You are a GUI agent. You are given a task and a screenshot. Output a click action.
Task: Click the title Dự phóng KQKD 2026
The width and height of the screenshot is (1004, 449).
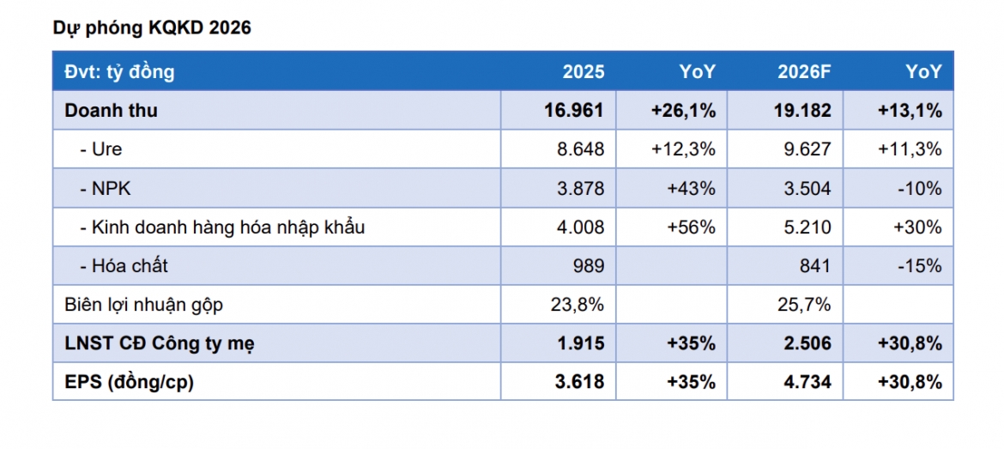[152, 28]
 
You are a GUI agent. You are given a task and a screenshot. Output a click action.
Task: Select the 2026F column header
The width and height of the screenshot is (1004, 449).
[804, 72]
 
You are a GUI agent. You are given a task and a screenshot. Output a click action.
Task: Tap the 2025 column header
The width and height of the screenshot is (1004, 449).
[584, 72]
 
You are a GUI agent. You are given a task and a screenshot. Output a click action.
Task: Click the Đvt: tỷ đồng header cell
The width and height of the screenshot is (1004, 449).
[119, 72]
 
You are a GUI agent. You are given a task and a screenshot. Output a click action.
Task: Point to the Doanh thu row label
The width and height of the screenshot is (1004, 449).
[111, 110]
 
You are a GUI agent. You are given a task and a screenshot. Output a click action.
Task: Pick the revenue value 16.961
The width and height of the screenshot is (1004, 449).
[574, 110]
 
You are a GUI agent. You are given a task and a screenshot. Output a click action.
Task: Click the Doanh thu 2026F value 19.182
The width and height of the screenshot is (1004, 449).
[801, 110]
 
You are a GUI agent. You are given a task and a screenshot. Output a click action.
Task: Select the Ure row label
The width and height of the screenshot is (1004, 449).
[101, 149]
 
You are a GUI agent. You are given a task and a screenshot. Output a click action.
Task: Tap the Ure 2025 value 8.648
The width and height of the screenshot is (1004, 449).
[579, 149]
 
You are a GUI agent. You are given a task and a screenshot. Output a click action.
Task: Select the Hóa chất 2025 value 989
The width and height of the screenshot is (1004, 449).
[589, 266]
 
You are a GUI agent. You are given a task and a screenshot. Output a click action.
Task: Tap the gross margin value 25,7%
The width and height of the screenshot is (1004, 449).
[803, 305]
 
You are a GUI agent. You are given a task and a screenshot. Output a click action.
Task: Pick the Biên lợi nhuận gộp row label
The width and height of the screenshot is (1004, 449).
[144, 306]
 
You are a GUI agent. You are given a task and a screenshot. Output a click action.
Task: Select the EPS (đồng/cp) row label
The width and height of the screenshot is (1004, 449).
[130, 382]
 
